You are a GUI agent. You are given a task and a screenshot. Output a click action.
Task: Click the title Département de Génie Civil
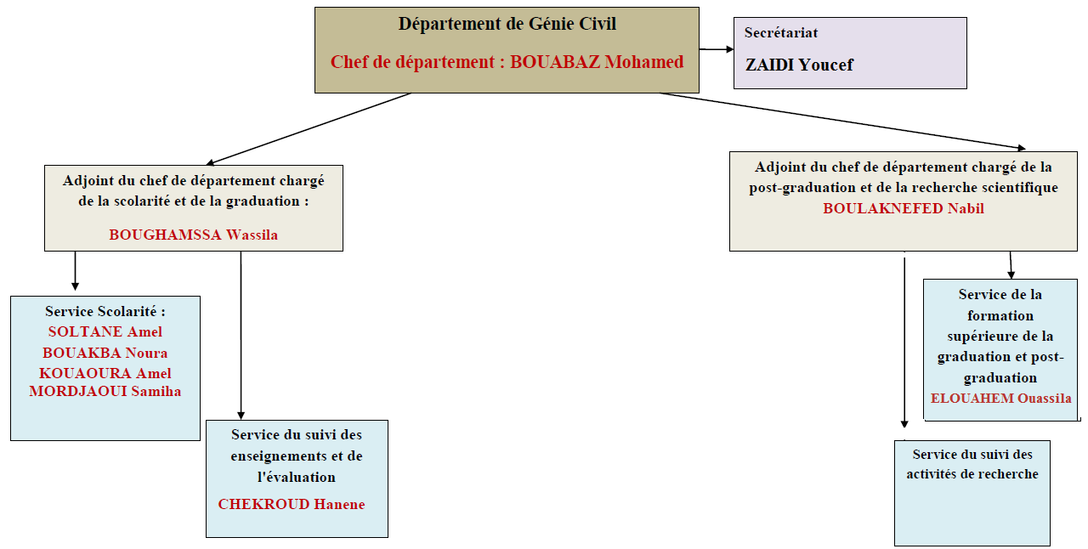pos(507,24)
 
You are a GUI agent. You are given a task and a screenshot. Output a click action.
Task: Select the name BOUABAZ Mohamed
pos(597,62)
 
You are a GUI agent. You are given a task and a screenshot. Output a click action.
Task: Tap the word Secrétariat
pos(781,32)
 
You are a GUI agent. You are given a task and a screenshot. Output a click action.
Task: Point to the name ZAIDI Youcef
pos(799,65)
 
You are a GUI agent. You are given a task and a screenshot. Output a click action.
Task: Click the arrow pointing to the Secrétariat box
pos(717,49)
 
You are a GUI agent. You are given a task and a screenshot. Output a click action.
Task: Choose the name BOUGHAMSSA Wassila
pos(193,235)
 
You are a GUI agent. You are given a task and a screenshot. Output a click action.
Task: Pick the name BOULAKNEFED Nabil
pos(904,208)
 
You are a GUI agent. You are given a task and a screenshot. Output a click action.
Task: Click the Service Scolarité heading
pos(105,311)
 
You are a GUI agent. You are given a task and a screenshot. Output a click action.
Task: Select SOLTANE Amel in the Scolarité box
pos(105,331)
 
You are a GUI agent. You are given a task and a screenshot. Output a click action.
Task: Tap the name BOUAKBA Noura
pos(105,353)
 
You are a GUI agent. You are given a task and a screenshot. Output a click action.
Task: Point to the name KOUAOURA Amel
pos(105,373)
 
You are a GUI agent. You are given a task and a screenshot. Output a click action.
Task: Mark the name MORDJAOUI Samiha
pos(105,391)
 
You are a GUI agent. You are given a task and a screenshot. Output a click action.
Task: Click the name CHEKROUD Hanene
pos(292,504)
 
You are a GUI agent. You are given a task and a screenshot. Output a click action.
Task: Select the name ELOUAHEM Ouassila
pos(1001,399)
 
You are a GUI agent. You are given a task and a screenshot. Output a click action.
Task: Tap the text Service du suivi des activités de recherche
pos(972,464)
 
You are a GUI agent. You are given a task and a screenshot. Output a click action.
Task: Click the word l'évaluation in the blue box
pos(297,477)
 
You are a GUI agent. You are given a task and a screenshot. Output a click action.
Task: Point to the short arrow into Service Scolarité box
pos(76,270)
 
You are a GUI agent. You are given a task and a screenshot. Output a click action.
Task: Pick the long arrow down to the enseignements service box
pos(241,335)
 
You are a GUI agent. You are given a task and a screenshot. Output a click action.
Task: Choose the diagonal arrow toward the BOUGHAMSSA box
pos(309,129)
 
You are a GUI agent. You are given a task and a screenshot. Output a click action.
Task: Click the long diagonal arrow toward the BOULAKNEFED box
pos(842,122)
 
